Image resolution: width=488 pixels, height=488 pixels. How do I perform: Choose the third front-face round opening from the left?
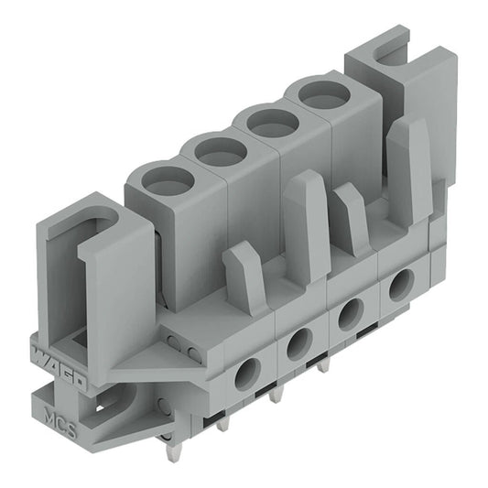click(349, 316)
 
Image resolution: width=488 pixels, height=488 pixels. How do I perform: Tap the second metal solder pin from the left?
click(222, 430)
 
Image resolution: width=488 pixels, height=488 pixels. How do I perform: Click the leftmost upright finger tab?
click(244, 275)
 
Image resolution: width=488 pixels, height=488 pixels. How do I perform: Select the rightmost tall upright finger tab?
click(408, 169)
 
